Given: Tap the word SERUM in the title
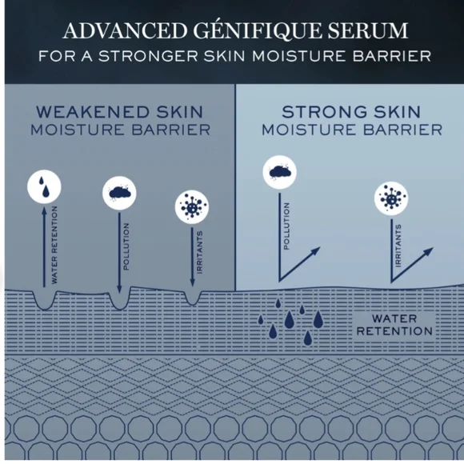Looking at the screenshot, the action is pyautogui.click(x=367, y=30).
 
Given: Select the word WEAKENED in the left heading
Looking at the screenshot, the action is pyautogui.click(x=92, y=112).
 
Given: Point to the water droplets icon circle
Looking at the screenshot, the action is pyautogui.click(x=44, y=186).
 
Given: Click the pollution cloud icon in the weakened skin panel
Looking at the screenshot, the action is pyautogui.click(x=119, y=193).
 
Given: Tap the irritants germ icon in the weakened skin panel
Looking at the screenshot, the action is pyautogui.click(x=192, y=207).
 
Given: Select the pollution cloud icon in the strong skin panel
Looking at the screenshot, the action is pyautogui.click(x=280, y=172).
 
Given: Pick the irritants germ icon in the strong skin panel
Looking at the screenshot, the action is pyautogui.click(x=391, y=198).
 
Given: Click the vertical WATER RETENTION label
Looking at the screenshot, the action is pyautogui.click(x=54, y=245).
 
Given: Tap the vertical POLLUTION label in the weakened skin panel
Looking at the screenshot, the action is pyautogui.click(x=126, y=246).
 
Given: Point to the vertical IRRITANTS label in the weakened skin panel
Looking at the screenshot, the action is pyautogui.click(x=200, y=253).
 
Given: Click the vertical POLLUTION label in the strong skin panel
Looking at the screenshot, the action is pyautogui.click(x=286, y=226).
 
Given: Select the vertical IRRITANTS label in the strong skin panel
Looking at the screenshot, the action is pyautogui.click(x=398, y=246).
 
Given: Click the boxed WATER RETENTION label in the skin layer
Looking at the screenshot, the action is pyautogui.click(x=394, y=325).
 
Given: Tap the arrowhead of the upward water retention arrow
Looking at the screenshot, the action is pyautogui.click(x=44, y=210).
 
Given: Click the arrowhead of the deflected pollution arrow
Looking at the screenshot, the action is pyautogui.click(x=316, y=250).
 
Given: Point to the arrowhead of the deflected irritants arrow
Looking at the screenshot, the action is pyautogui.click(x=429, y=251).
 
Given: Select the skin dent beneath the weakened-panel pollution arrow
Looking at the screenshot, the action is pyautogui.click(x=119, y=302).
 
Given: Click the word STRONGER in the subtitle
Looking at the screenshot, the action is pyautogui.click(x=148, y=56).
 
